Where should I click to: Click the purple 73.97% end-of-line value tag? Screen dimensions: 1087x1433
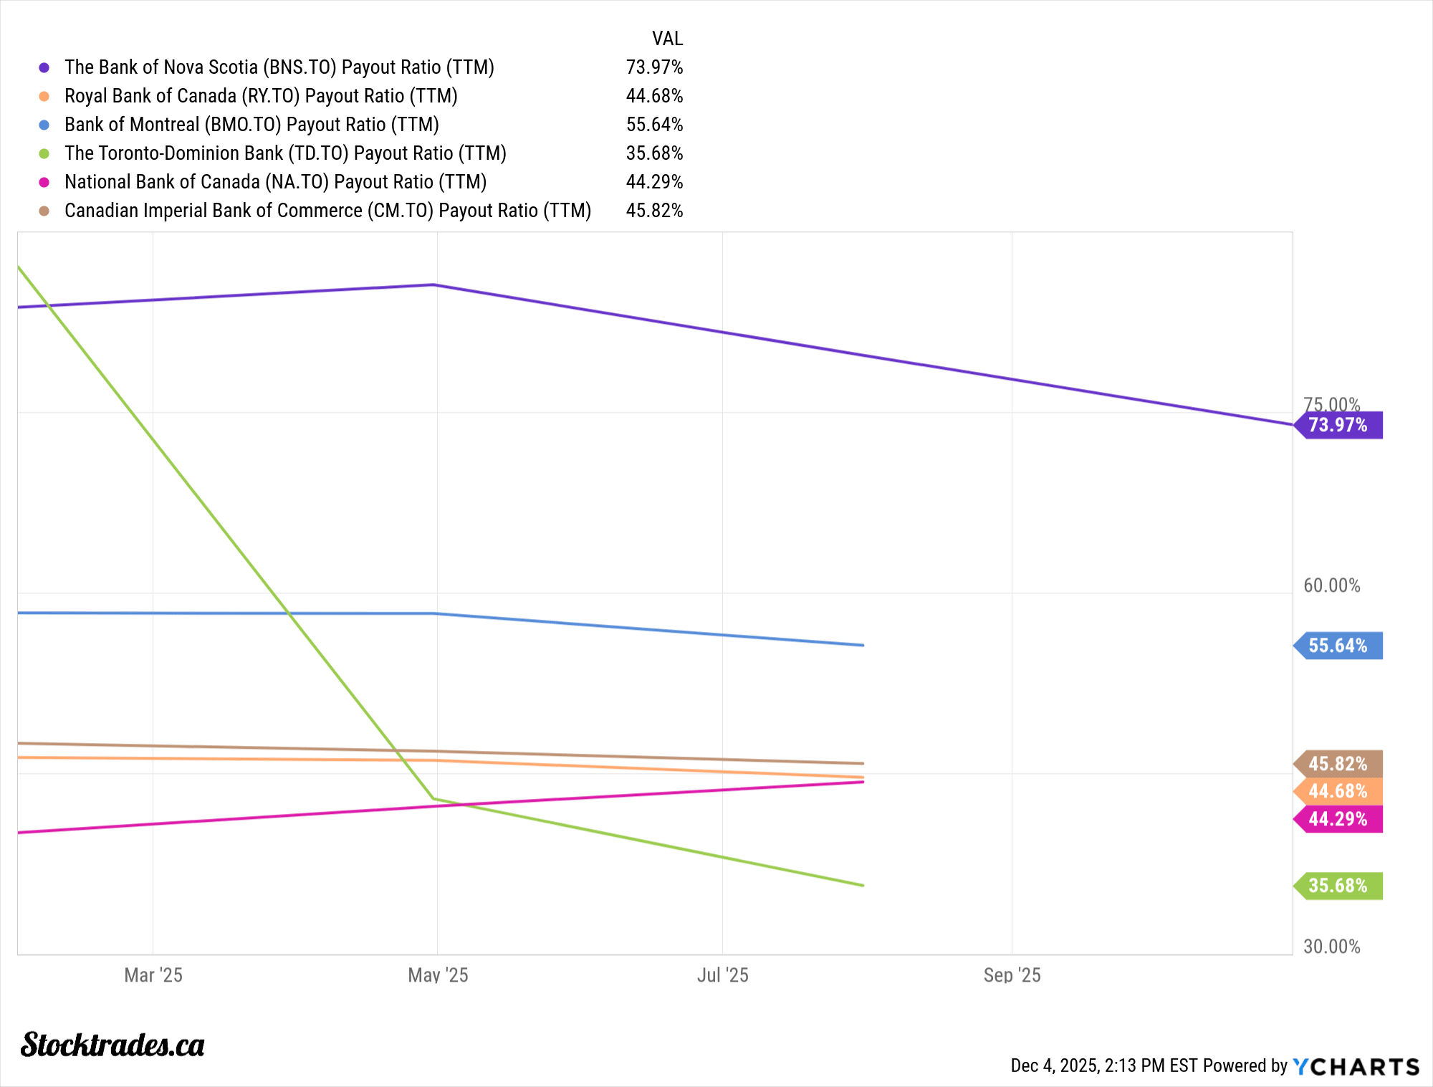click(1338, 425)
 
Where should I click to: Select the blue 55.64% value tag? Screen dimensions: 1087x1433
click(1338, 646)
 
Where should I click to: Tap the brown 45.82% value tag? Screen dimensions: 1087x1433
click(1338, 764)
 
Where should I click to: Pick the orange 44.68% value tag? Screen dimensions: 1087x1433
click(1338, 791)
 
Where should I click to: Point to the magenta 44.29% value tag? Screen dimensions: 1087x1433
click(1338, 819)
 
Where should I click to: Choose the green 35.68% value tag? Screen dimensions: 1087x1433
click(1338, 886)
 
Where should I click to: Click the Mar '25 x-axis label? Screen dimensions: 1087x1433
click(153, 975)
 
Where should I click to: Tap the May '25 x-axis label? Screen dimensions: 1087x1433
click(438, 975)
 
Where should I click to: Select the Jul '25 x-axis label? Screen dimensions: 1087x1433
click(722, 975)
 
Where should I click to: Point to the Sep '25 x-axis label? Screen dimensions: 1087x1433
click(1012, 975)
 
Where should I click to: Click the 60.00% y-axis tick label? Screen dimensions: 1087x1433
click(1331, 585)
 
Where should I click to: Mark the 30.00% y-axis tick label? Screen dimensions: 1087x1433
click(1331, 947)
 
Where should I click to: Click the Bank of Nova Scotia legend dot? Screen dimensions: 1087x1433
click(44, 67)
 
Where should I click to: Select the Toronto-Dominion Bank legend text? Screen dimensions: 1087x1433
click(285, 153)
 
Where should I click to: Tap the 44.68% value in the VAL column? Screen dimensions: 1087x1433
click(654, 96)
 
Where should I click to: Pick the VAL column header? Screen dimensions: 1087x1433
click(667, 39)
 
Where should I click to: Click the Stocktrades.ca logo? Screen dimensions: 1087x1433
click(112, 1045)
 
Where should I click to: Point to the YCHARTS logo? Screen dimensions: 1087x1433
click(1356, 1067)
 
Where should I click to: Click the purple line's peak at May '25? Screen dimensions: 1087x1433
click(433, 285)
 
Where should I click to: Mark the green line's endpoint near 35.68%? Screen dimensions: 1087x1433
click(863, 886)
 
